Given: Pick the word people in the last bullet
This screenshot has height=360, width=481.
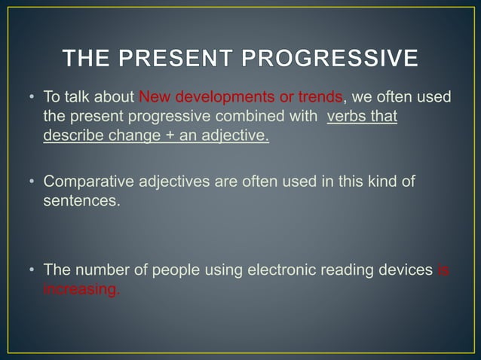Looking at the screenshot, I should [x=176, y=270].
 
